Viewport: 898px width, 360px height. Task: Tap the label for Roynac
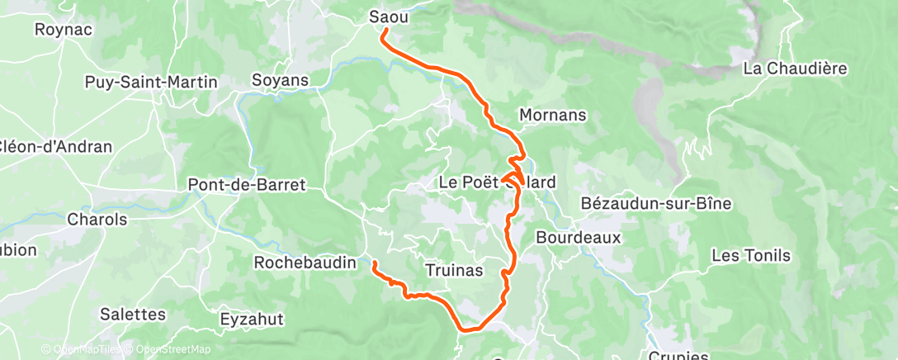(63, 29)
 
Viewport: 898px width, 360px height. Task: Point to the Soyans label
(280, 81)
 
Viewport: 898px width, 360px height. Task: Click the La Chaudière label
(796, 69)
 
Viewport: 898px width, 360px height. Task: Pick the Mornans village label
(553, 116)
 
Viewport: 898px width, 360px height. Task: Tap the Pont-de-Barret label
(247, 184)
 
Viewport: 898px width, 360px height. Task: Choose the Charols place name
(97, 220)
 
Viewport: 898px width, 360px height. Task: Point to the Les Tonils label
(751, 256)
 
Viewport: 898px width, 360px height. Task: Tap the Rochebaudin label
(305, 263)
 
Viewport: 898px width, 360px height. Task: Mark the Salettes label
(133, 314)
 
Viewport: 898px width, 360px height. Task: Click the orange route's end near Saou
(383, 31)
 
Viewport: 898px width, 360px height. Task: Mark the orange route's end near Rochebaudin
(374, 263)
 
